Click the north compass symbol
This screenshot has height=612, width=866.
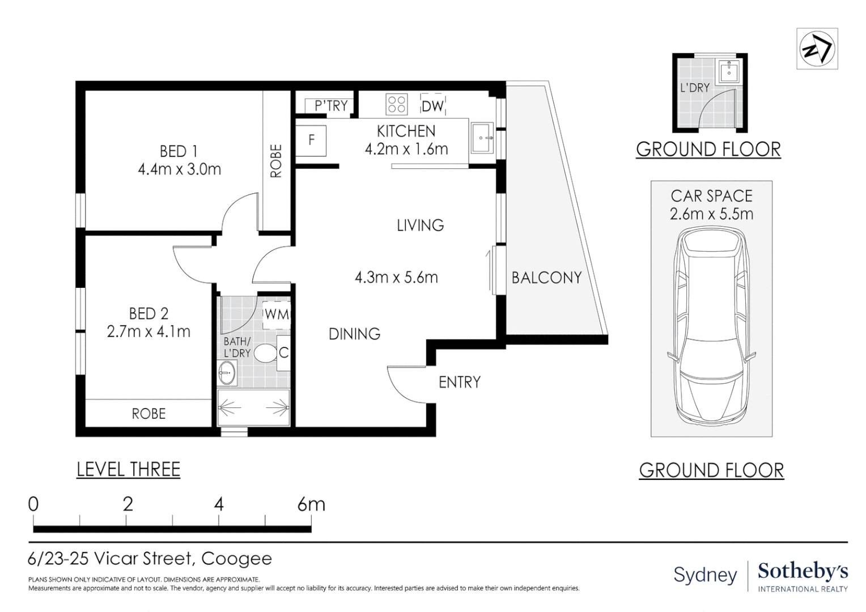(817, 49)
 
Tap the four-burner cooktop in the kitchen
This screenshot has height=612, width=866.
(396, 104)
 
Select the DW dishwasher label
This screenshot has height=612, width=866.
(432, 106)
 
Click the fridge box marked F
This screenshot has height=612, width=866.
(311, 141)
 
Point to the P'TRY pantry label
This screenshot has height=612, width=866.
(332, 105)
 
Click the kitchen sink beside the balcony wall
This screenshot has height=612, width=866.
(482, 138)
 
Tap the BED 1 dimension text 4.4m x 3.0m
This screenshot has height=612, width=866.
(180, 169)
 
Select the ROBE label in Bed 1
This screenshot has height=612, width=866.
(276, 161)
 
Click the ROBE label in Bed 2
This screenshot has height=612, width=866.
(149, 414)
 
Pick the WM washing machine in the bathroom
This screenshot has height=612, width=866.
(277, 314)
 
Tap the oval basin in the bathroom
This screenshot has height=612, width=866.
(227, 373)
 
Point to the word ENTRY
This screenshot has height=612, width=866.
(460, 382)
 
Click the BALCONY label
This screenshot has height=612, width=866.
(547, 278)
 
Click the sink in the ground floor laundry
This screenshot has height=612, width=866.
(729, 73)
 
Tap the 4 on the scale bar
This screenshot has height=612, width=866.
(219, 504)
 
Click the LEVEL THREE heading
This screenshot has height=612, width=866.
(128, 469)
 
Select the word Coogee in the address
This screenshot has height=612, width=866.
(236, 559)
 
